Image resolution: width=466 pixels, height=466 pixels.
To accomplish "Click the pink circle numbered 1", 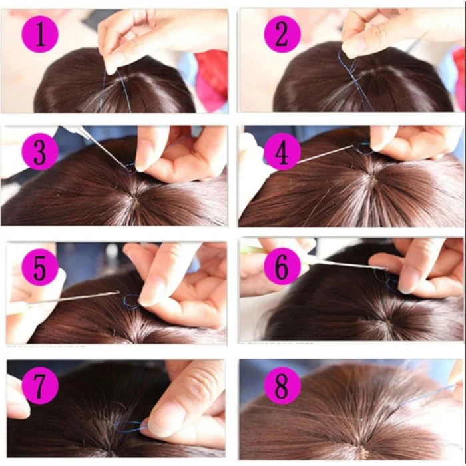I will (41, 34).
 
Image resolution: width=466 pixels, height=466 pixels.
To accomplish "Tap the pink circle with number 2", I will (282, 34).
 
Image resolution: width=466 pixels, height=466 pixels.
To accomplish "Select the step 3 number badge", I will (41, 153).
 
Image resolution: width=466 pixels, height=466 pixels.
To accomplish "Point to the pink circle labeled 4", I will (282, 153).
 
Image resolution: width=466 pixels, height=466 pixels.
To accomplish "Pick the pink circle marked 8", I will (282, 386).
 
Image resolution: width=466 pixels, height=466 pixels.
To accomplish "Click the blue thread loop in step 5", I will (130, 302).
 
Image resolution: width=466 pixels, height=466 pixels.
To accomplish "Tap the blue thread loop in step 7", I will (133, 426).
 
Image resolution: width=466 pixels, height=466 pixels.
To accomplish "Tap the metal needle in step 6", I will (346, 265).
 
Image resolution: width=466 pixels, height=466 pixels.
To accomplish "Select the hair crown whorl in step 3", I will (137, 200).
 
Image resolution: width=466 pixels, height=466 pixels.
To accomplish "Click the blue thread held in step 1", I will (105, 87).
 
